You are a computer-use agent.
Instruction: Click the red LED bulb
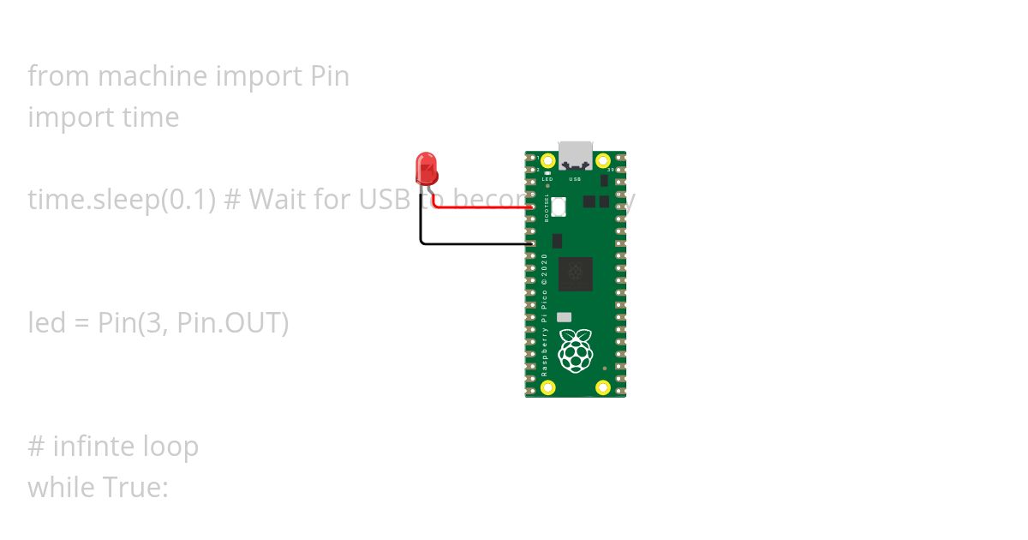tap(426, 169)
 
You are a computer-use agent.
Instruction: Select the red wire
tap(484, 207)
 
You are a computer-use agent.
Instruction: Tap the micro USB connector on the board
tap(575, 153)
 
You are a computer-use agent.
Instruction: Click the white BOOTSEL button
tap(559, 207)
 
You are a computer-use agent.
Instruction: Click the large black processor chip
tap(575, 273)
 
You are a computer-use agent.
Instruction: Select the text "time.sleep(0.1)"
tap(121, 200)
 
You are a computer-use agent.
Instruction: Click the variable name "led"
tap(45, 323)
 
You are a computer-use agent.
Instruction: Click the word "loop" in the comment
tap(171, 447)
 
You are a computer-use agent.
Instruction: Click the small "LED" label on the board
tap(547, 179)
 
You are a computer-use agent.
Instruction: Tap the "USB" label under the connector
tap(575, 179)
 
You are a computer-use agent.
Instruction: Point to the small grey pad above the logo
tap(564, 316)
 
